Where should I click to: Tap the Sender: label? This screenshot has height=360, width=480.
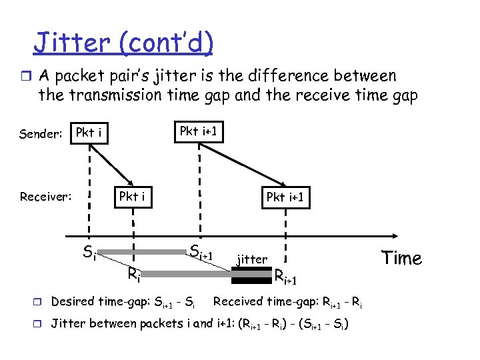coord(41,134)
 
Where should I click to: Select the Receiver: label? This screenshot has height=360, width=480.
coord(46,197)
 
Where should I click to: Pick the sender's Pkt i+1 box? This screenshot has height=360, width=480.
coord(199,131)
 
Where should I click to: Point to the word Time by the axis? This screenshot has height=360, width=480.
coord(401,258)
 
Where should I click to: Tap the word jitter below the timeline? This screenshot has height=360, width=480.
coord(252,259)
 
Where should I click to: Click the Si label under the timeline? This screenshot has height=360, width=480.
coord(89,253)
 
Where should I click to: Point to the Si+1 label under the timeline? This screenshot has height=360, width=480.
coord(200,253)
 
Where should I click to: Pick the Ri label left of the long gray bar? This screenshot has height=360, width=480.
coord(133,273)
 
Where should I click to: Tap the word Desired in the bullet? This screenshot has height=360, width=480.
coord(73,301)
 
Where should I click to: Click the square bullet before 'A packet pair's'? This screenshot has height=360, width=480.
coord(27,76)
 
